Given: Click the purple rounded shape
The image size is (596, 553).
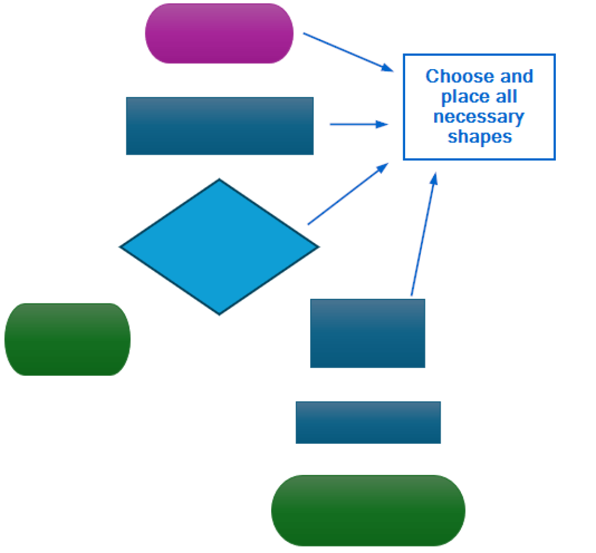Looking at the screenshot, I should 219,34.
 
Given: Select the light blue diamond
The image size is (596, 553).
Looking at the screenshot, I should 219,247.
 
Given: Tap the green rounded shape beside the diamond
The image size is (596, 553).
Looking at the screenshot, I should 68,339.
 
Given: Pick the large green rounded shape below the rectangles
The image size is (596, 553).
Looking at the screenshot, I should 368,510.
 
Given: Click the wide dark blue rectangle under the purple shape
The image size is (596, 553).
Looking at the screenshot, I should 219,126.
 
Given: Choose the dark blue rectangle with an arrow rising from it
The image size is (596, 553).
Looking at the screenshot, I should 367,333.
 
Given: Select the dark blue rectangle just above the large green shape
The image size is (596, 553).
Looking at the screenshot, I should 368,422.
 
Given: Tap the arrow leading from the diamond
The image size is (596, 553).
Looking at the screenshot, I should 347,194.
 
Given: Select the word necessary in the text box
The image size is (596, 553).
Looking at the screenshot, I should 478,117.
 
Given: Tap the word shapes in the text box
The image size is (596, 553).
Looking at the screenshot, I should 480,137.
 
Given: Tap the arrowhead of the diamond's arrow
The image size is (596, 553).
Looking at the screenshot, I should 384,166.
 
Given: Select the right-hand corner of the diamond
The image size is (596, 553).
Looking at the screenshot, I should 317,247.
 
